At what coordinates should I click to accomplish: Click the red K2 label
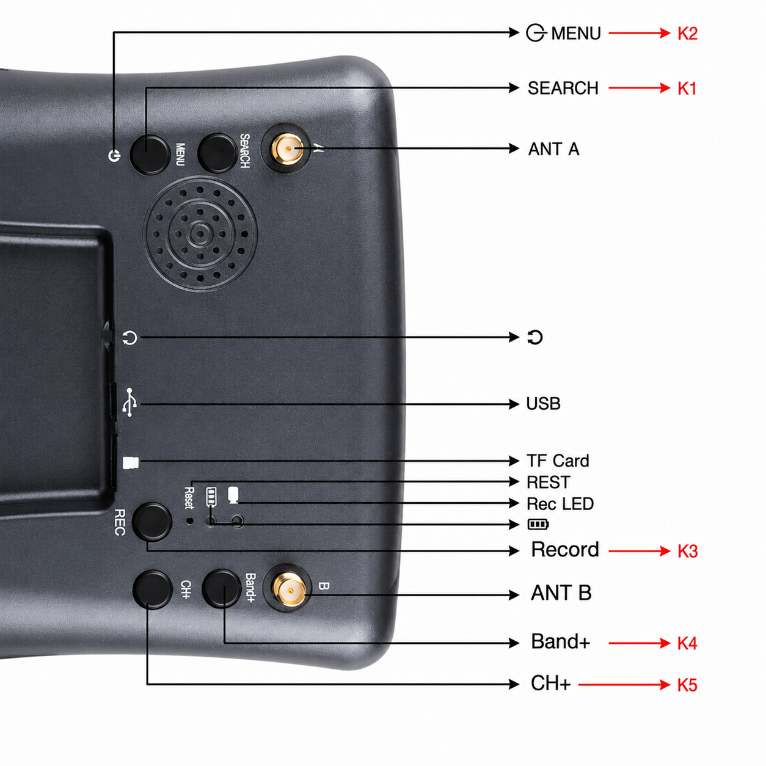(687, 34)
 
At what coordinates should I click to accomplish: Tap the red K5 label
(687, 685)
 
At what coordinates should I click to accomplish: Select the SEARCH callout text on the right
(563, 88)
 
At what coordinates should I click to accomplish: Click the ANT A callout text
(553, 150)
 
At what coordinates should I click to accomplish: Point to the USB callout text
(544, 404)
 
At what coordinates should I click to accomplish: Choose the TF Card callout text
(558, 461)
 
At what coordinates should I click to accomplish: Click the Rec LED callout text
(560, 504)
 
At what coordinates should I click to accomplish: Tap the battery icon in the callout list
(538, 525)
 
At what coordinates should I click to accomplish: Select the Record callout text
(565, 550)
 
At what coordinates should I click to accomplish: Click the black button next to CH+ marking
(153, 589)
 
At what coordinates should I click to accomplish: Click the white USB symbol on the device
(129, 403)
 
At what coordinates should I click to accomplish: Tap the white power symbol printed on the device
(114, 155)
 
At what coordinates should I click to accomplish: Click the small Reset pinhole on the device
(190, 520)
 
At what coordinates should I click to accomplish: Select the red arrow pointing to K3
(640, 551)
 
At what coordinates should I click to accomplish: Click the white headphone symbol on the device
(130, 338)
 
